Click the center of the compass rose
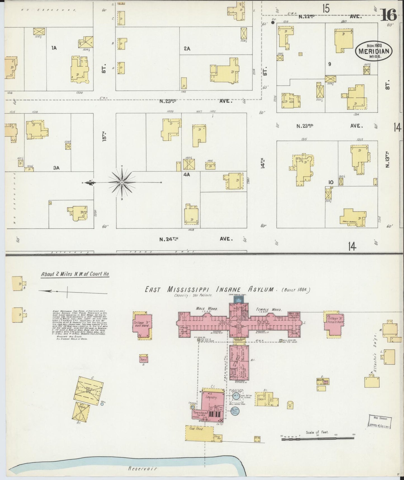[122, 183]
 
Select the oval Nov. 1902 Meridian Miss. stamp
[374, 50]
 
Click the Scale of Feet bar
[318, 437]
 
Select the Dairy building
[144, 359]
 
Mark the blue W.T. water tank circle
[236, 396]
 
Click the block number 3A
[56, 168]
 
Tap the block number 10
[331, 182]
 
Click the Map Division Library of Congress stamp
[380, 422]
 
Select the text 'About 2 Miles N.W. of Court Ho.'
[75, 274]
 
